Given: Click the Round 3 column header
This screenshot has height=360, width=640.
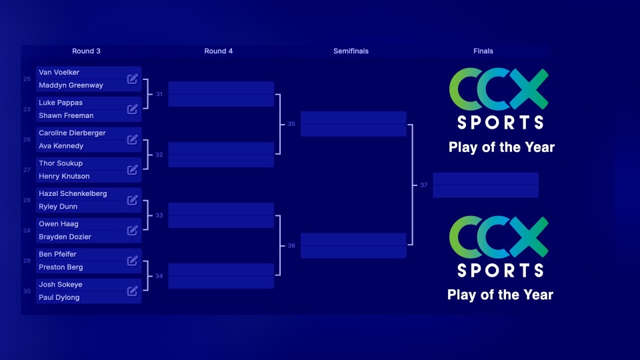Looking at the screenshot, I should click(x=86, y=51).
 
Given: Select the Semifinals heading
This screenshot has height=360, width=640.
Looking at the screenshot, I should click(x=351, y=51).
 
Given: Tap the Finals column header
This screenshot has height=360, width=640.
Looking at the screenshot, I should click(x=483, y=51).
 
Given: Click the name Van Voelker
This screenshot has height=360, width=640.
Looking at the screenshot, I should click(x=59, y=72).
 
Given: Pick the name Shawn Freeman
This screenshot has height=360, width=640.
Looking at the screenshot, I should click(x=66, y=115).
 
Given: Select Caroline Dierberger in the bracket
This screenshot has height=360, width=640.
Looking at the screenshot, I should click(x=72, y=133).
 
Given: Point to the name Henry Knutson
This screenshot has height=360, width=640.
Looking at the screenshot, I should click(x=64, y=176).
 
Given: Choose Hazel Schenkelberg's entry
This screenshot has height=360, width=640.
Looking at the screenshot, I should click(x=73, y=193).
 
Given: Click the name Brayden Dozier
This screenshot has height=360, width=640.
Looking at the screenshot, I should click(x=65, y=237).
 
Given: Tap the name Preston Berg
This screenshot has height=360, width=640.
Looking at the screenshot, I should click(x=61, y=267).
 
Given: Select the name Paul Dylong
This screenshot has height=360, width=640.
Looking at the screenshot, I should click(x=59, y=297).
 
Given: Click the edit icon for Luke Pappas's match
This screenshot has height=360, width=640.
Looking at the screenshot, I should click(x=133, y=109).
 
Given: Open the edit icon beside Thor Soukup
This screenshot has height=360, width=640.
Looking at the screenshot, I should click(x=133, y=169).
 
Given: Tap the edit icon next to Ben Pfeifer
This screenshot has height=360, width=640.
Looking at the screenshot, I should click(x=133, y=261).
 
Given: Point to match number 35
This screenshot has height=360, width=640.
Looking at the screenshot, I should click(x=291, y=124).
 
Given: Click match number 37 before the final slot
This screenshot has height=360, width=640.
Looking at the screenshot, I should click(x=423, y=185).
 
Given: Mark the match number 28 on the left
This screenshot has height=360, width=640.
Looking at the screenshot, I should click(x=27, y=200).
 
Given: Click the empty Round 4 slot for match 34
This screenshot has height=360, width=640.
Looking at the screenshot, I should click(x=221, y=276).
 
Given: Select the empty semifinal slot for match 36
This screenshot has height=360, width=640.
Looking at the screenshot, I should click(x=353, y=245).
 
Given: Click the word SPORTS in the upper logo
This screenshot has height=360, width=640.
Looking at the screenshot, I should click(x=500, y=122).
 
